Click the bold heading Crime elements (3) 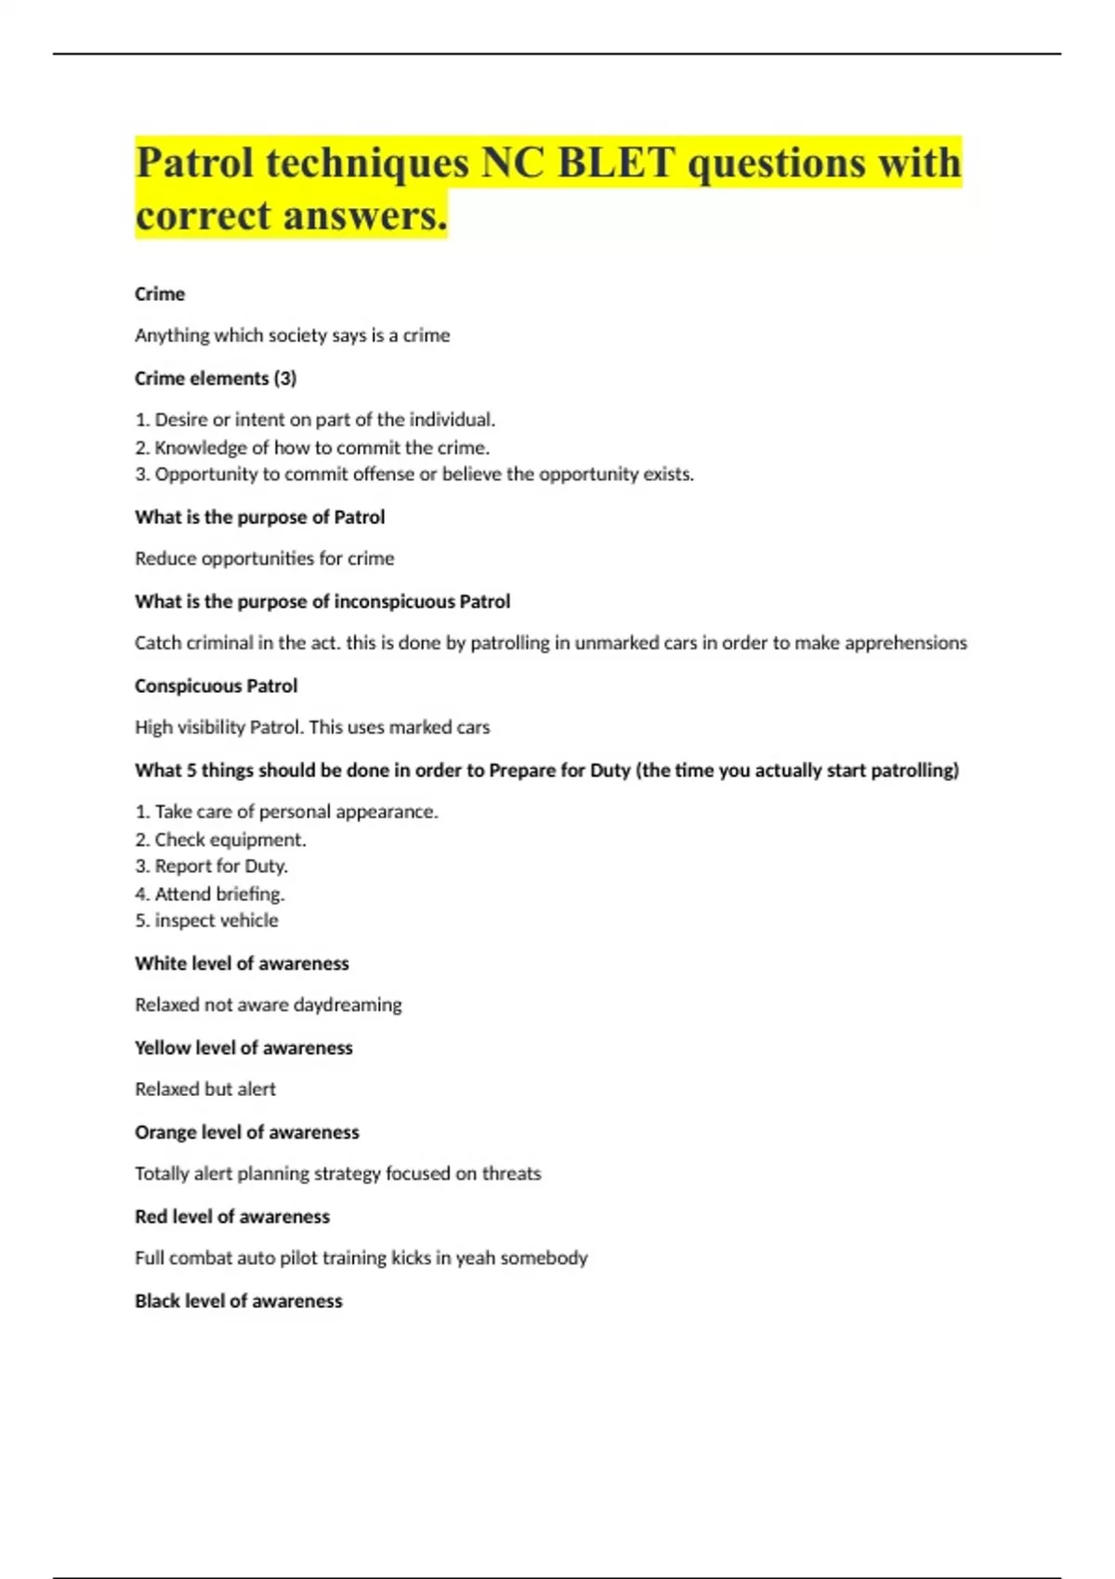[216, 378]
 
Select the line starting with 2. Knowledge [312, 448]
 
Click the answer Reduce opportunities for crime [264, 558]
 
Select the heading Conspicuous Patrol [216, 686]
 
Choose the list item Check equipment [220, 840]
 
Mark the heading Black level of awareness [238, 1301]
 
